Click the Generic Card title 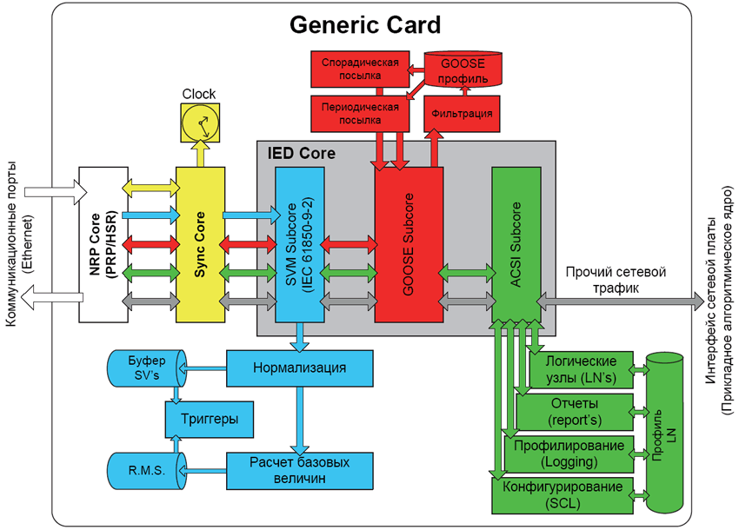click(x=365, y=23)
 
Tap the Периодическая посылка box click(x=360, y=113)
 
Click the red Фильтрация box click(x=460, y=114)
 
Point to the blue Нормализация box click(x=300, y=368)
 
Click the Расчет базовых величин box click(x=300, y=470)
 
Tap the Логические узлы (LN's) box click(x=578, y=369)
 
